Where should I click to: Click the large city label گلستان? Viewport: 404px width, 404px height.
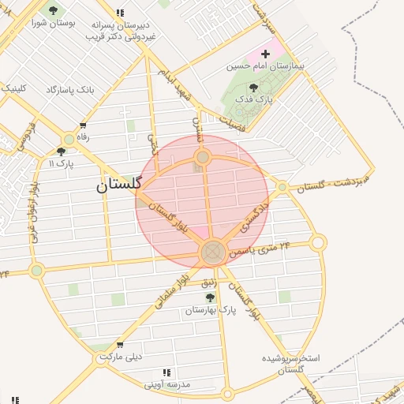pos(118,185)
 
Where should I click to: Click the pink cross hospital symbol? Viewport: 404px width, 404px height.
pos(265,54)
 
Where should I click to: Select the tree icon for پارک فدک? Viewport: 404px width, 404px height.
pos(253,88)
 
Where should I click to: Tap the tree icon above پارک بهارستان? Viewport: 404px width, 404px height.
pos(210,297)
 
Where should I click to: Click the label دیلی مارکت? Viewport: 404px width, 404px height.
pos(120,357)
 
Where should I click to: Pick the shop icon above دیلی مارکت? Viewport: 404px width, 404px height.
pos(119,345)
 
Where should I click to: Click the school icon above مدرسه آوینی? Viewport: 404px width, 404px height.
pos(166,372)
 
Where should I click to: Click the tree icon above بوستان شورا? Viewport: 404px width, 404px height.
pos(53,11)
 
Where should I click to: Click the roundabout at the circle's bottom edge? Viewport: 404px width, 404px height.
pos(213,253)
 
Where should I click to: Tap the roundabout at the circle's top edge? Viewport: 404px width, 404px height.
pos(203,158)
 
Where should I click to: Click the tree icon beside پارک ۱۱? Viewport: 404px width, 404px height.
pos(61,151)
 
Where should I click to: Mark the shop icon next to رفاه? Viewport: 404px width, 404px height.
pos(83,126)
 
